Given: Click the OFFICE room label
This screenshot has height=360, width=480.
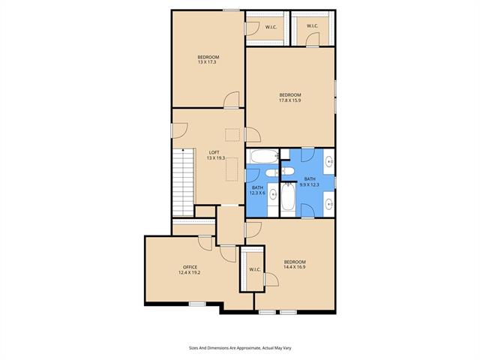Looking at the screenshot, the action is [190, 267].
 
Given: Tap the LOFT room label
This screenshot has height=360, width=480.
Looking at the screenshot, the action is [214, 152].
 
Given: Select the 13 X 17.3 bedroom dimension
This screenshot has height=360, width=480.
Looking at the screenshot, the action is [208, 62].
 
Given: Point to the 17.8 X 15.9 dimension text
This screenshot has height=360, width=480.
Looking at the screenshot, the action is [290, 100].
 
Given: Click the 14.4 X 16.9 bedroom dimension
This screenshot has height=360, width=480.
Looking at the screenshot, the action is [295, 267].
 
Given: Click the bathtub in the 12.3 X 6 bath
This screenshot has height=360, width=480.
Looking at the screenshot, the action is [263, 156].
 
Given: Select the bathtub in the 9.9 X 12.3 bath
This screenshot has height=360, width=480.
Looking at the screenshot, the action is [288, 198].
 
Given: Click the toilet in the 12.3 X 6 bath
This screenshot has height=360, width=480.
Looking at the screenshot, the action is [271, 173].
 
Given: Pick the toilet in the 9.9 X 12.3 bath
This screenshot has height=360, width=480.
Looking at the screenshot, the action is [288, 171].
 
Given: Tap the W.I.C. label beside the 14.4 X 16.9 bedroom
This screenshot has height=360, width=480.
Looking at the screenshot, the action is [255, 270].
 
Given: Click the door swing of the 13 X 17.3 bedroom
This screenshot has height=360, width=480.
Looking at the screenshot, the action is [232, 100].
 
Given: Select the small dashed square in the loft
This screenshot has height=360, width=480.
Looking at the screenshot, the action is [232, 135].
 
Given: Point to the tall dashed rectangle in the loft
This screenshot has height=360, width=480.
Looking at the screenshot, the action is [232, 169].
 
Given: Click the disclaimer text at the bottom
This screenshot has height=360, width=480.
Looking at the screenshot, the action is [240, 348].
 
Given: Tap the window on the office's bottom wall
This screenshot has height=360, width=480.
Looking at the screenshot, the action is [196, 304].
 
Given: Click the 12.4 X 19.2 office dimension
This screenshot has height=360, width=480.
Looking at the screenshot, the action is [189, 272].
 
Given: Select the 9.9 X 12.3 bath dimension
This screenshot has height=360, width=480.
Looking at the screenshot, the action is [310, 184].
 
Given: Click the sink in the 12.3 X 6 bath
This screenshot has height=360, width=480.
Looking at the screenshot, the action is [273, 194].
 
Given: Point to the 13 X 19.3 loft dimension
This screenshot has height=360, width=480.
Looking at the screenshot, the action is [216, 158].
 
